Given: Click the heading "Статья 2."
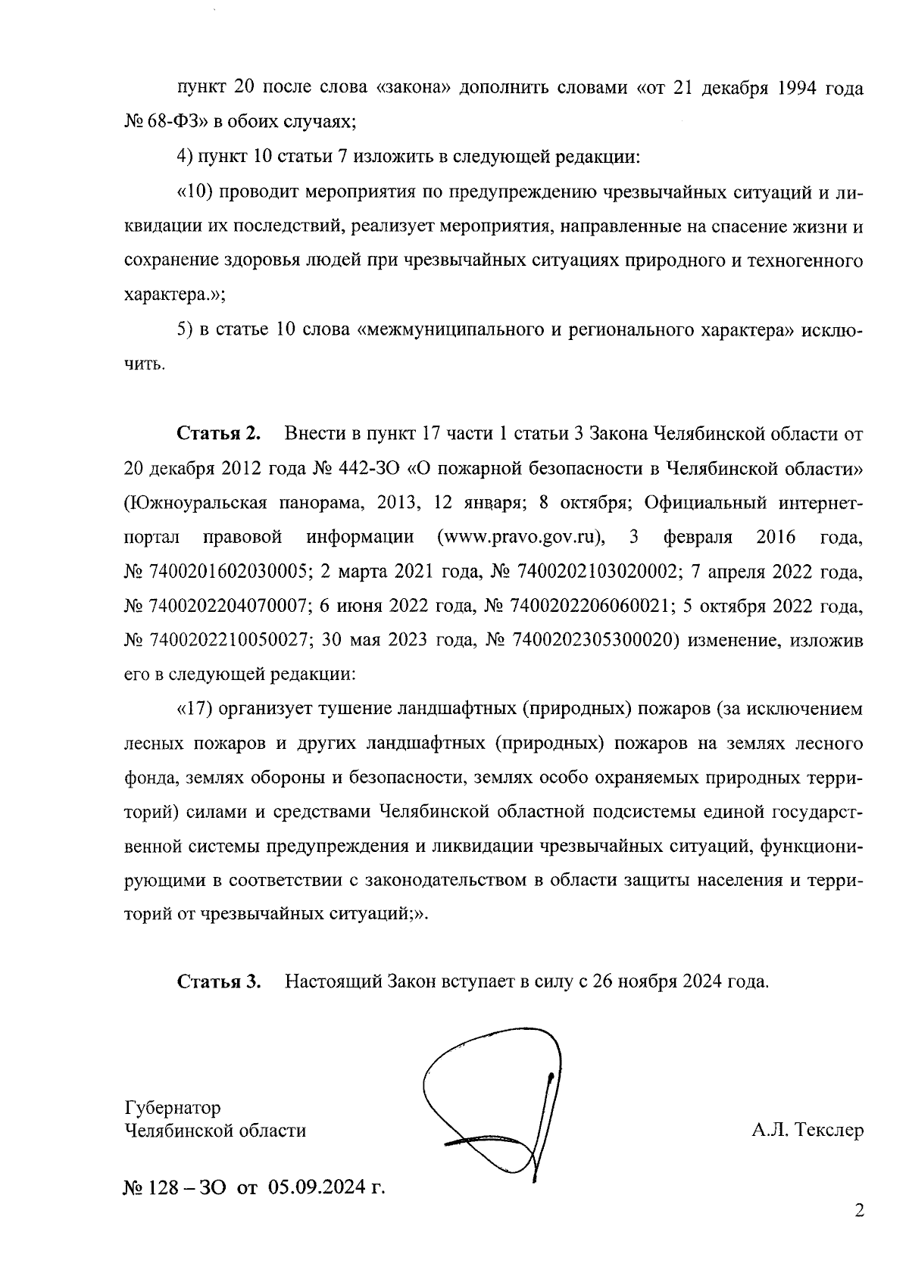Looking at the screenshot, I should (x=219, y=434).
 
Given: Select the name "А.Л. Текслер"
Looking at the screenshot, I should (x=807, y=1131).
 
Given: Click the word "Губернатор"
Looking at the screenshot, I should (x=173, y=1108).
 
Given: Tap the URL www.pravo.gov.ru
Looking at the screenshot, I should (x=521, y=538).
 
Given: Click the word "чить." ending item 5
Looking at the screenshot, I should (x=143, y=365).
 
